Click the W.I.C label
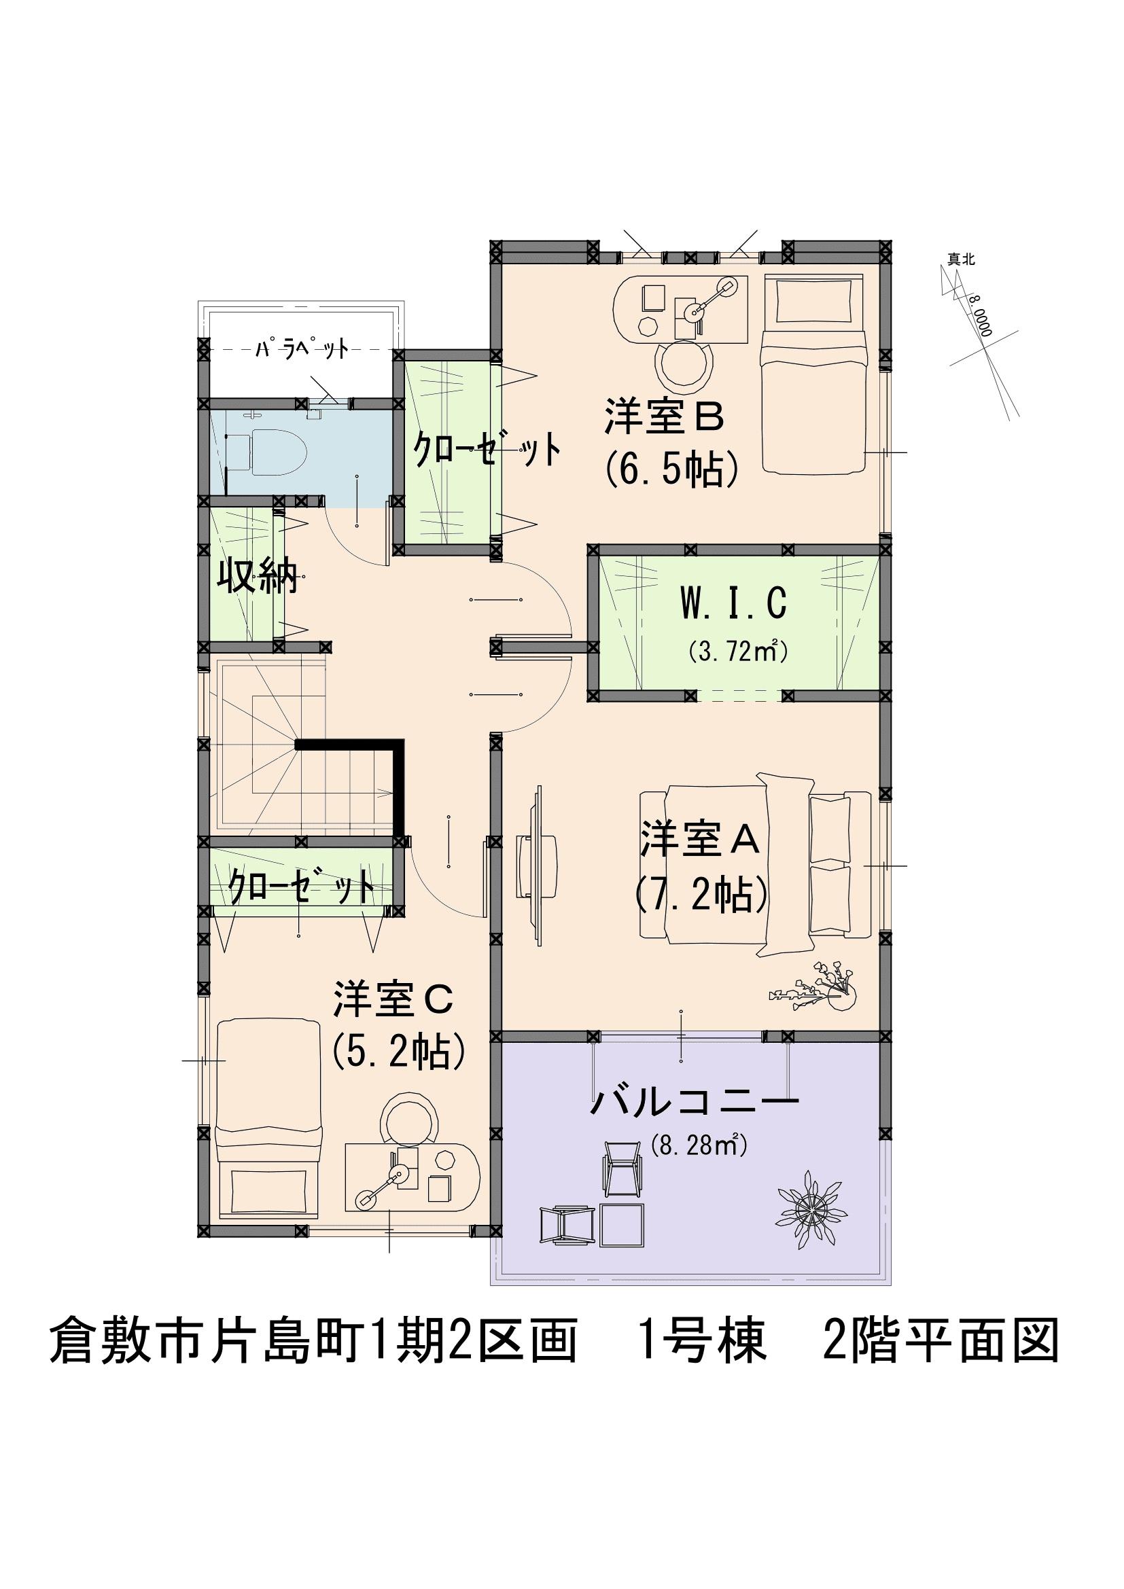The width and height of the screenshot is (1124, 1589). (734, 603)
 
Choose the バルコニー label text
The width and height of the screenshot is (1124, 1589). (695, 1101)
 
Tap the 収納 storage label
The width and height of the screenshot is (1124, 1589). (258, 575)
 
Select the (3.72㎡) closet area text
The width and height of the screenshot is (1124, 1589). (738, 651)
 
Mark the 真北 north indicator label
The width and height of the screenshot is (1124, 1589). (962, 260)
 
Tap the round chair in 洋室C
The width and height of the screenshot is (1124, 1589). (411, 1119)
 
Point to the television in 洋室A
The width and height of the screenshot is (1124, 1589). (537, 864)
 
